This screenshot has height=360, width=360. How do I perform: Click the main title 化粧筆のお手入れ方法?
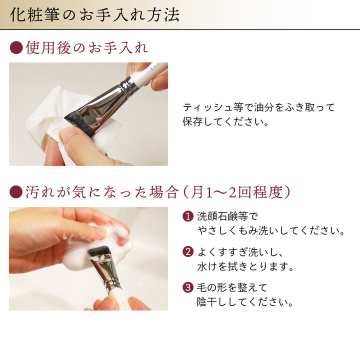tap(94, 15)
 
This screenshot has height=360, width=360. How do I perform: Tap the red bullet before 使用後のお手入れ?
tap(16, 47)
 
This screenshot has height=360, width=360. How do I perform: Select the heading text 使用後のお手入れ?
tap(87, 48)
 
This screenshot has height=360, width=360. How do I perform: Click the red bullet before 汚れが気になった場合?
tap(16, 192)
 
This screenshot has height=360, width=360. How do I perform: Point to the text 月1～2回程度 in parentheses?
tap(236, 192)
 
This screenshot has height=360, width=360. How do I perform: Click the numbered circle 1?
tap(188, 216)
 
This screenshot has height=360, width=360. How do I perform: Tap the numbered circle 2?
tap(188, 251)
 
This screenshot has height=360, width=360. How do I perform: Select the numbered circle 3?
tap(188, 287)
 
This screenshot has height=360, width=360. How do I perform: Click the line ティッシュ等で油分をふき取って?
tap(259, 107)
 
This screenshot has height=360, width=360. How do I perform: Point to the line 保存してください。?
tap(225, 121)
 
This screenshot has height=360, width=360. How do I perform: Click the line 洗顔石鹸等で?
tap(227, 216)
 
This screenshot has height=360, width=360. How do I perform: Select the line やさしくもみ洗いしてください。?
tap(271, 230)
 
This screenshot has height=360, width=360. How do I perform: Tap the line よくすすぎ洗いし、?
tap(240, 252)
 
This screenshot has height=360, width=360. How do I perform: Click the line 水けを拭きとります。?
tap(245, 266)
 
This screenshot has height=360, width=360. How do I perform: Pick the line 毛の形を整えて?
tap(232, 287)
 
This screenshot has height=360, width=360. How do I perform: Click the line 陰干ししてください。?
tap(245, 301)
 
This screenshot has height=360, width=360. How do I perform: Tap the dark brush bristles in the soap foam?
tap(99, 251)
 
